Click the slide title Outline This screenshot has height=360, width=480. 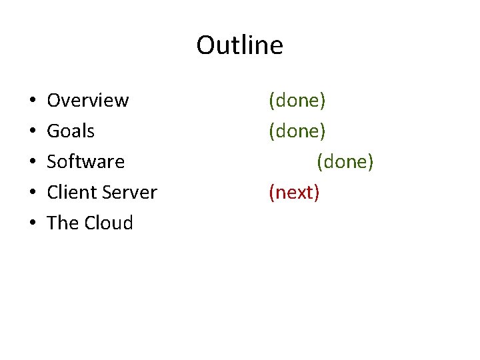[x=239, y=45]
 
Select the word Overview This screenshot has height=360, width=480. [x=87, y=101]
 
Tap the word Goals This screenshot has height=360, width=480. [x=71, y=131]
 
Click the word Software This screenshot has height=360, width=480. [x=85, y=162]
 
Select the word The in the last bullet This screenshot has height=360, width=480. [x=63, y=223]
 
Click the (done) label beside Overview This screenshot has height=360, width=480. [x=297, y=101]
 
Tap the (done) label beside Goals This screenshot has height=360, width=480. [x=297, y=131]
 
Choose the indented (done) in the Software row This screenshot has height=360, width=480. [x=345, y=162]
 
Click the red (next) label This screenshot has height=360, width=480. [x=294, y=193]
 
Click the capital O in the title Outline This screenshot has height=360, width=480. [x=205, y=45]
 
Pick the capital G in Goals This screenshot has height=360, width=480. [x=53, y=131]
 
